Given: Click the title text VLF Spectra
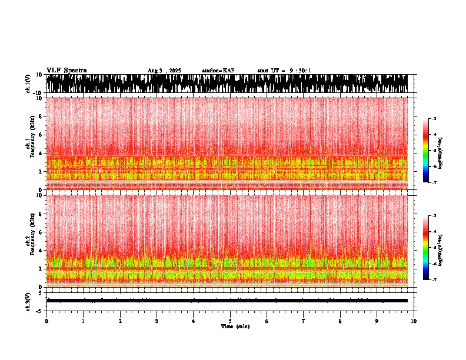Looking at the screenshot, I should tap(66, 71).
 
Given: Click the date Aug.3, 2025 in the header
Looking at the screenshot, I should tap(164, 71).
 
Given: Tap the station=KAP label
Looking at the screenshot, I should tap(218, 71).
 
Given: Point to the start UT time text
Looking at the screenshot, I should tap(284, 71).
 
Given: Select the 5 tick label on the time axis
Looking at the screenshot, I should tap(230, 321).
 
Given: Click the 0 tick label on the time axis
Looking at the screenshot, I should tap(46, 321).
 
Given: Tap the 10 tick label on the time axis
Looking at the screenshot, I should tap(414, 321).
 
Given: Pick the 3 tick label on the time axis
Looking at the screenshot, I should tap(157, 321).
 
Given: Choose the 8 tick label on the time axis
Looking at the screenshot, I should tap(340, 321).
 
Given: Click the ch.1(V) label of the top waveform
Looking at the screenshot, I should tap(28, 84).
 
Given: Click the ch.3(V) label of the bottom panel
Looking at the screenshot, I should tap(28, 300).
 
